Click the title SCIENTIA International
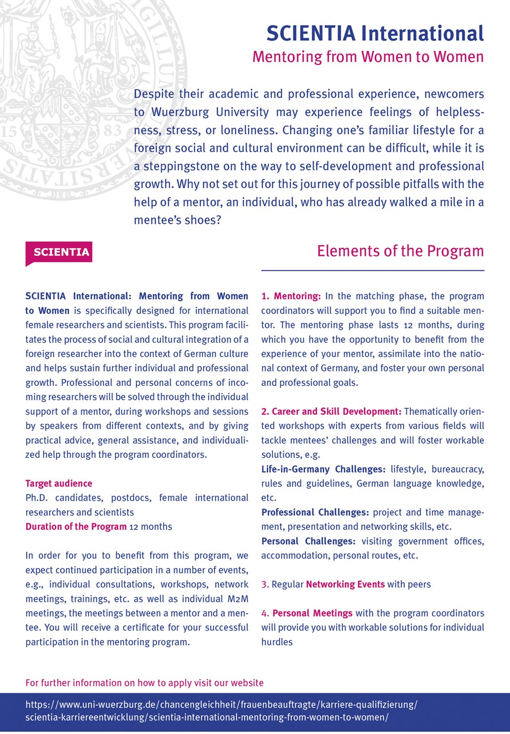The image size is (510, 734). coord(375,34)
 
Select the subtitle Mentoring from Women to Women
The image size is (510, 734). coord(368,57)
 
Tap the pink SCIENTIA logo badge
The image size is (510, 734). coord(59,252)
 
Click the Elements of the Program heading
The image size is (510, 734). coord(400,251)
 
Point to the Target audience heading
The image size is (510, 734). coord(59,483)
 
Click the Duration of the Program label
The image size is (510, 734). coord(76,527)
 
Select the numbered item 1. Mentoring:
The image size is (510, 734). coord(291,296)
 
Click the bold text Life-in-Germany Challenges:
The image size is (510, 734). coord(323,469)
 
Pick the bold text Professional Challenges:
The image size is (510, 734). coord(315,512)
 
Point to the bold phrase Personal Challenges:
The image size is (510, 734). coord(308,541)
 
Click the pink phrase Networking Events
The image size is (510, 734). coord(345,584)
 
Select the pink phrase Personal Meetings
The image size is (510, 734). coord(312,613)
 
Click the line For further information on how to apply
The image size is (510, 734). coord(144,683)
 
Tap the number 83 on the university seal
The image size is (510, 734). coord(111,131)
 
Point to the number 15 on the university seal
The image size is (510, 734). coord(9,131)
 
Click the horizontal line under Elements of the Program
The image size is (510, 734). coord(373,271)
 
